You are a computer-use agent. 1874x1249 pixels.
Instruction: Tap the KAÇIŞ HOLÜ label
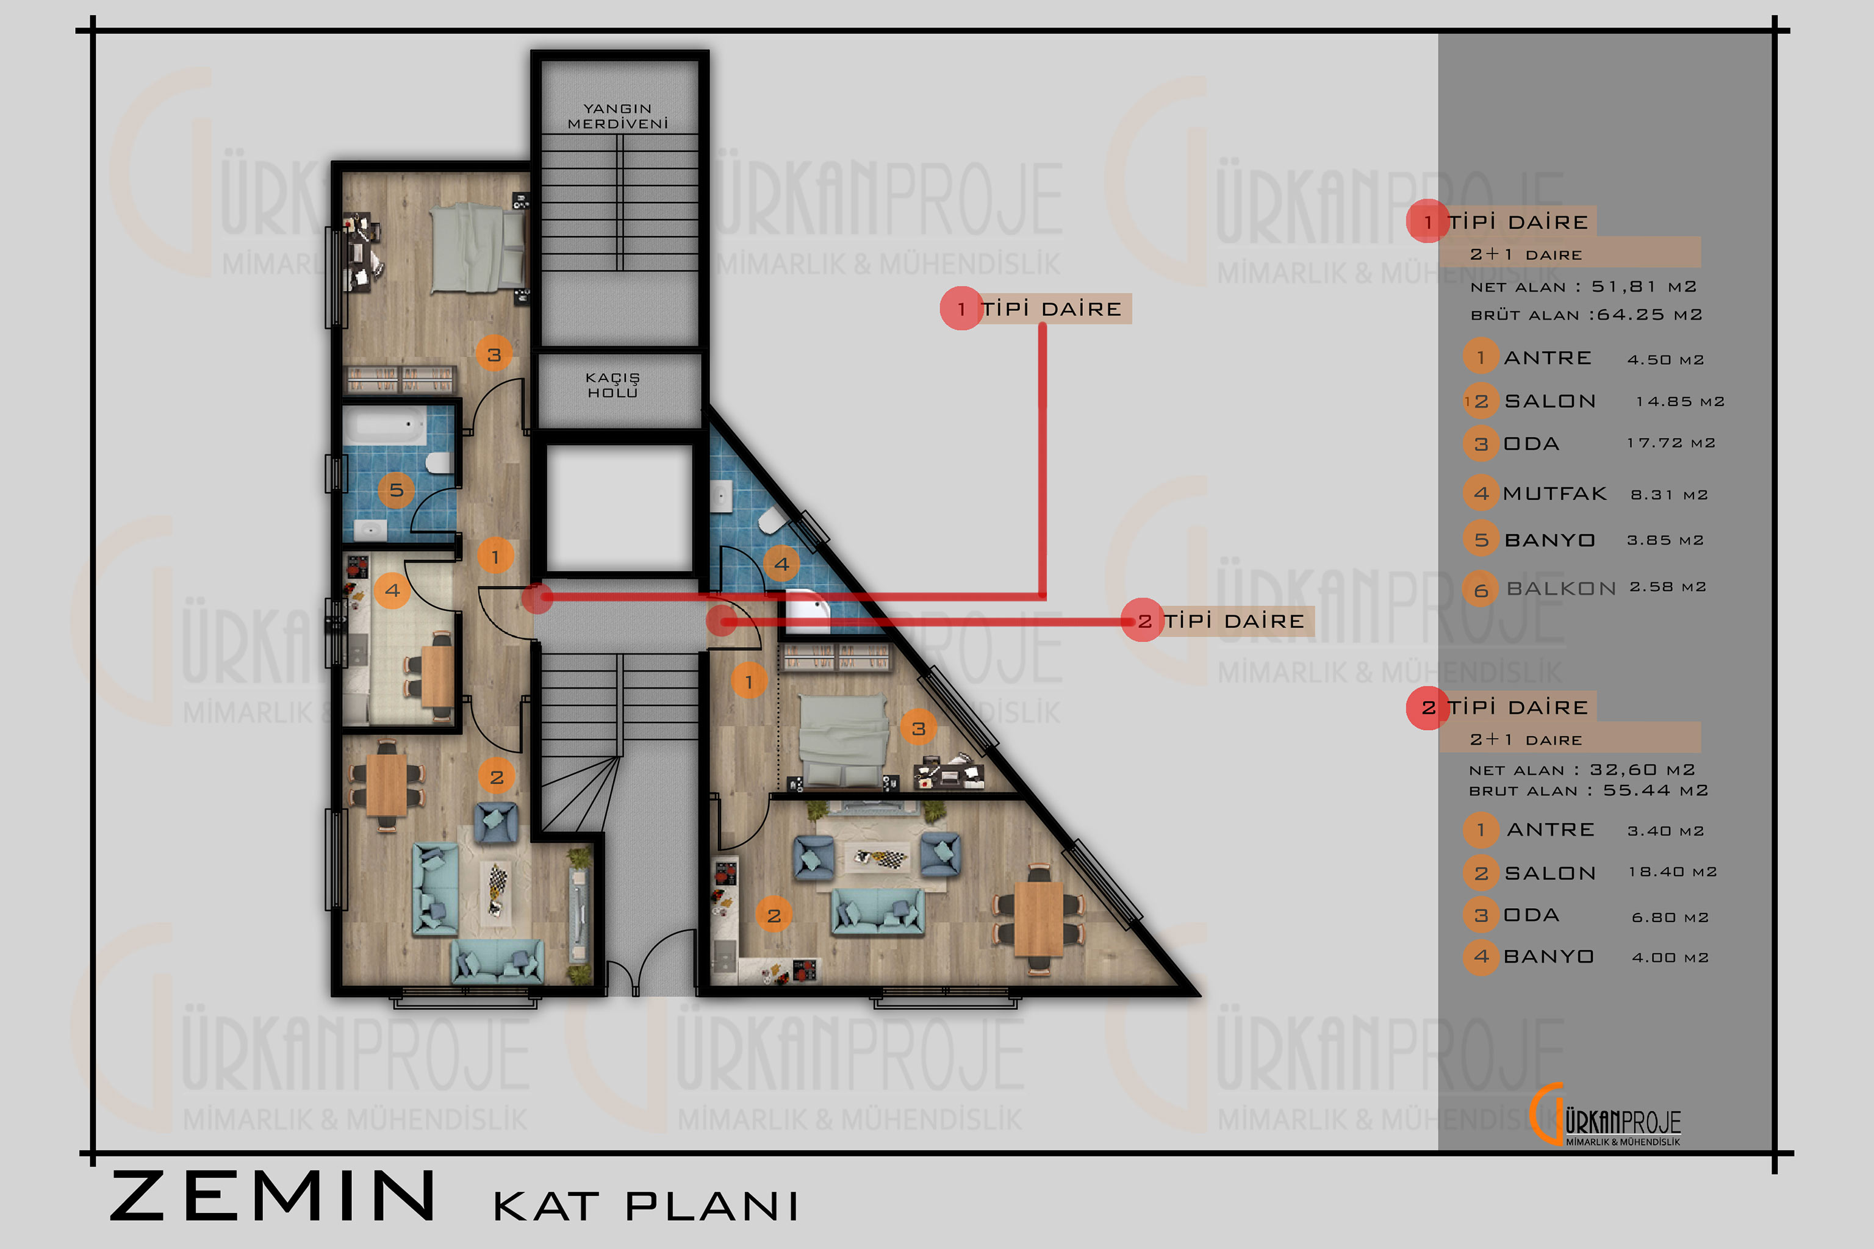pos(612,385)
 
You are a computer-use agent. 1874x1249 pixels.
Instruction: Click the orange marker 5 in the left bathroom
pos(396,490)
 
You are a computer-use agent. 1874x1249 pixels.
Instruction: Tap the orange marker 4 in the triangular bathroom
pos(781,564)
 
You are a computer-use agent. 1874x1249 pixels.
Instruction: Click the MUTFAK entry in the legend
pos(1554,494)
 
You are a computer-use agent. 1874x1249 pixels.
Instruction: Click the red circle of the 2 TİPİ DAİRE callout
pos(1143,620)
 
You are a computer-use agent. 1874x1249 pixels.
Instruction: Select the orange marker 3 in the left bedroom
pos(494,354)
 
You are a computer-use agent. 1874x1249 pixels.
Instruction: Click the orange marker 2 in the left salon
pos(497,776)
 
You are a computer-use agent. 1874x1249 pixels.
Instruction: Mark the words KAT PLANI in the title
pos(646,1206)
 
